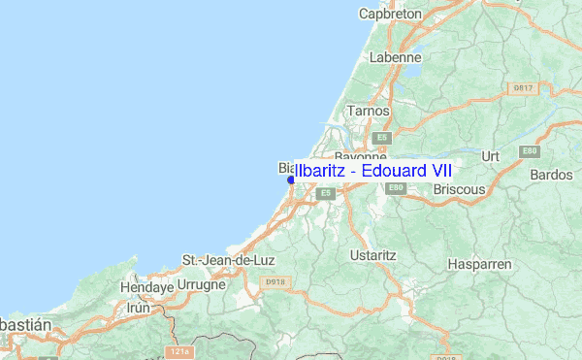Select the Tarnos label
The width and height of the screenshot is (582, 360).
369,112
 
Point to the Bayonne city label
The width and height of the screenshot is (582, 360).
361,155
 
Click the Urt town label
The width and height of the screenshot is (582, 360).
490,155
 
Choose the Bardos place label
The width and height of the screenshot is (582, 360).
552,175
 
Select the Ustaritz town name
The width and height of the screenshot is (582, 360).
372,255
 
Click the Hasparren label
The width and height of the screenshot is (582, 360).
479,264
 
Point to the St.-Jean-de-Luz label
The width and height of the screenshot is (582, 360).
225,261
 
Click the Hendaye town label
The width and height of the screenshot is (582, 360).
145,288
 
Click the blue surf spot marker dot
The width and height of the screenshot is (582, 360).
290,180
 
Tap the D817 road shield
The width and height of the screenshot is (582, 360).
522,88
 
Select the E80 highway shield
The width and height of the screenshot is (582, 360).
529,151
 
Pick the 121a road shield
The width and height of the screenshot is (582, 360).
178,351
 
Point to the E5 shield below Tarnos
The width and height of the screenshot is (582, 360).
382,138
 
